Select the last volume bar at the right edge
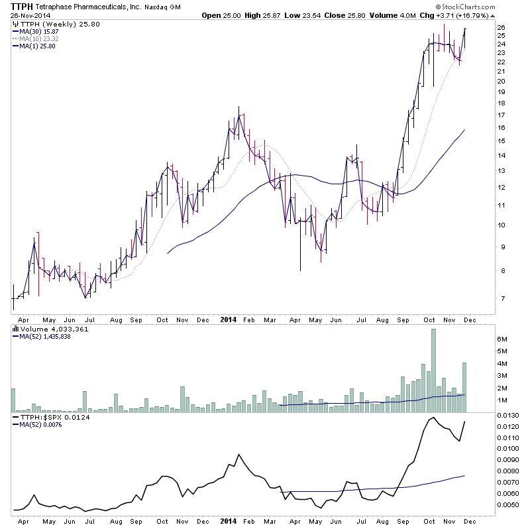(465, 388)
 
